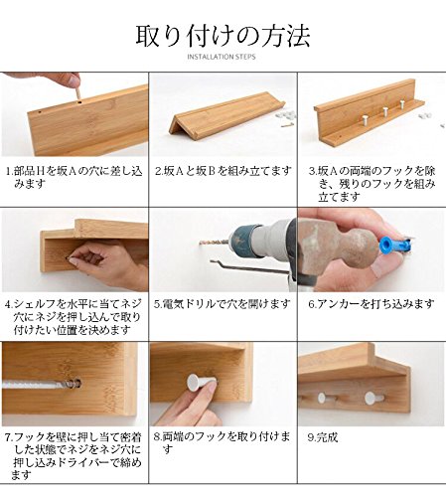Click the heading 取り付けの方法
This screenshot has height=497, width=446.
point(223,36)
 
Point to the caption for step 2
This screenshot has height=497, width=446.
point(223,171)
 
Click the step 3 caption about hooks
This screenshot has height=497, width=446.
point(372,183)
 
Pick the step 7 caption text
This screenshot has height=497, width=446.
point(72,449)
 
